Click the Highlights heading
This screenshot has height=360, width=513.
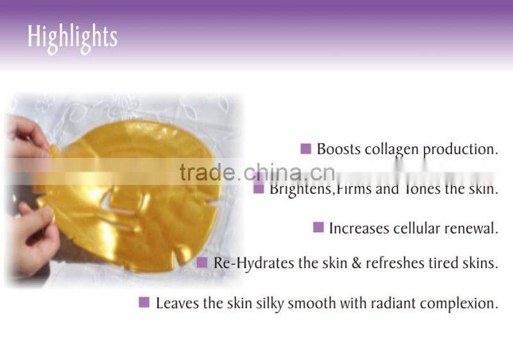coord(72,37)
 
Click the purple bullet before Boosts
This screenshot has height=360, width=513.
coord(306,149)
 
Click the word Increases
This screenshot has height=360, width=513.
coord(356,228)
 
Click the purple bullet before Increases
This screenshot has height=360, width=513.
coord(318,227)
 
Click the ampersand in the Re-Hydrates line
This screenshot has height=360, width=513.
coord(357,264)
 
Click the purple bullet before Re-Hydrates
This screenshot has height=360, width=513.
coord(201,262)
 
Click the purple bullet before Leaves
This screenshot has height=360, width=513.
coord(144,302)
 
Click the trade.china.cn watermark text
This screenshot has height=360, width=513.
coord(256,172)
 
